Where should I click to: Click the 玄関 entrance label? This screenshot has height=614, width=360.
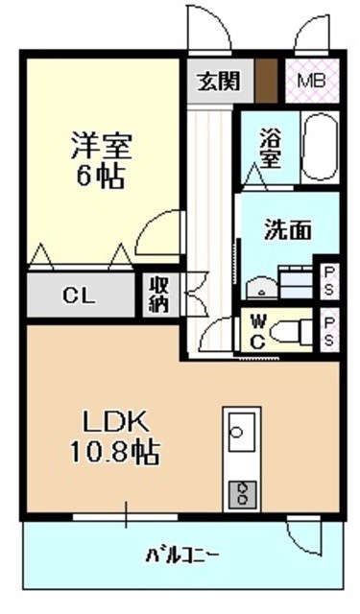point(218,82)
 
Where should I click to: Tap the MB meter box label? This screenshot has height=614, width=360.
point(311,81)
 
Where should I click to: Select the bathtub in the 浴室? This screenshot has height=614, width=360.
point(320,148)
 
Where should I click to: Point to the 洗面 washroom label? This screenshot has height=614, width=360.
point(288,230)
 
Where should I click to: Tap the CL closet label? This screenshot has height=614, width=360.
point(79,296)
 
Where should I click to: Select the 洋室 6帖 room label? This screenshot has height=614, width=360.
point(101,160)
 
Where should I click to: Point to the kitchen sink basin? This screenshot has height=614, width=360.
point(241,431)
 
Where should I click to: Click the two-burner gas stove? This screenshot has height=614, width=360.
point(242,495)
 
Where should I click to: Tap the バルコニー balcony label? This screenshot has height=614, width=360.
point(181,555)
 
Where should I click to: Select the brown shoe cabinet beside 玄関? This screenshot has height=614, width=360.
point(266,81)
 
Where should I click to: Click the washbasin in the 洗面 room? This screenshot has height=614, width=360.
point(261,288)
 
